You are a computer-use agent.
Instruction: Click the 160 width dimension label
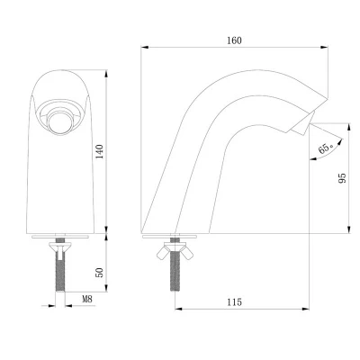235,40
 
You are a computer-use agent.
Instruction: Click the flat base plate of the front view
62,235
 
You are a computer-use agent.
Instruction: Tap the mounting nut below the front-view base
62,243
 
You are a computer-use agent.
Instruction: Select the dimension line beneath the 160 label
235,49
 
